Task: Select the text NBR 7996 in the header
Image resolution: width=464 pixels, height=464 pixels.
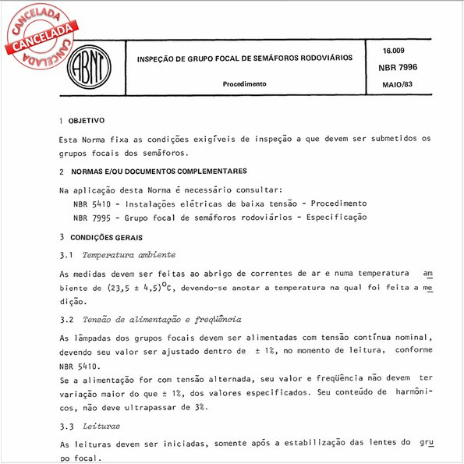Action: [398, 68]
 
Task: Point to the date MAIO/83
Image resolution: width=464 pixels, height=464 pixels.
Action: [398, 83]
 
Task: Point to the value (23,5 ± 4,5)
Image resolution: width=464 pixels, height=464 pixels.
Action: [129, 289]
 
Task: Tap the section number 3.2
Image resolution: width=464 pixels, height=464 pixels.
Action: [66, 320]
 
